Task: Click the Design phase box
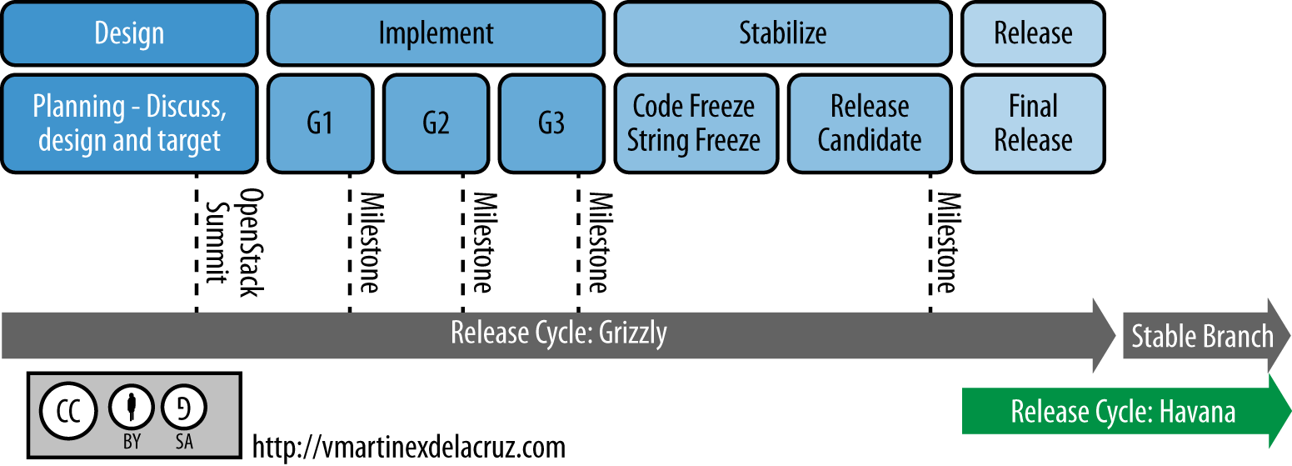[x=129, y=34]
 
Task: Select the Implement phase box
[x=436, y=34]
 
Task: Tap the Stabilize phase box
[x=783, y=34]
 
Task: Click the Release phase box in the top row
[x=1033, y=34]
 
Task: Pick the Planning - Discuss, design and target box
[x=129, y=123]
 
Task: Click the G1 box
[x=320, y=123]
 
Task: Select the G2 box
[x=436, y=123]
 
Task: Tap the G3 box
[x=551, y=123]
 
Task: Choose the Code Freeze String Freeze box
[x=694, y=123]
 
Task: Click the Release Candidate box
[x=870, y=123]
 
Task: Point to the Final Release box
[x=1033, y=123]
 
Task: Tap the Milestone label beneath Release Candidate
[x=945, y=243]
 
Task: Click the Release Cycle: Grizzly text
[x=559, y=333]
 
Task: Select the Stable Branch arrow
[x=1203, y=337]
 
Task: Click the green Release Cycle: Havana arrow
[x=1123, y=412]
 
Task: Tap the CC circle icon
[x=69, y=411]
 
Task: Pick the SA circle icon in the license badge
[x=184, y=408]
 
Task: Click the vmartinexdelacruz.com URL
[x=408, y=446]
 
